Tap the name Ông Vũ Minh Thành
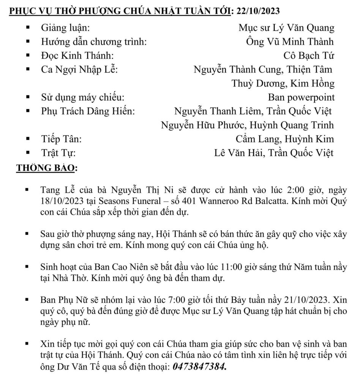click(290, 42)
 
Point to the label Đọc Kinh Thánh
click(77, 56)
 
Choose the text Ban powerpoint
click(301, 98)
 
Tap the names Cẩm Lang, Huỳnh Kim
click(285, 139)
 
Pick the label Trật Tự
click(58, 153)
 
